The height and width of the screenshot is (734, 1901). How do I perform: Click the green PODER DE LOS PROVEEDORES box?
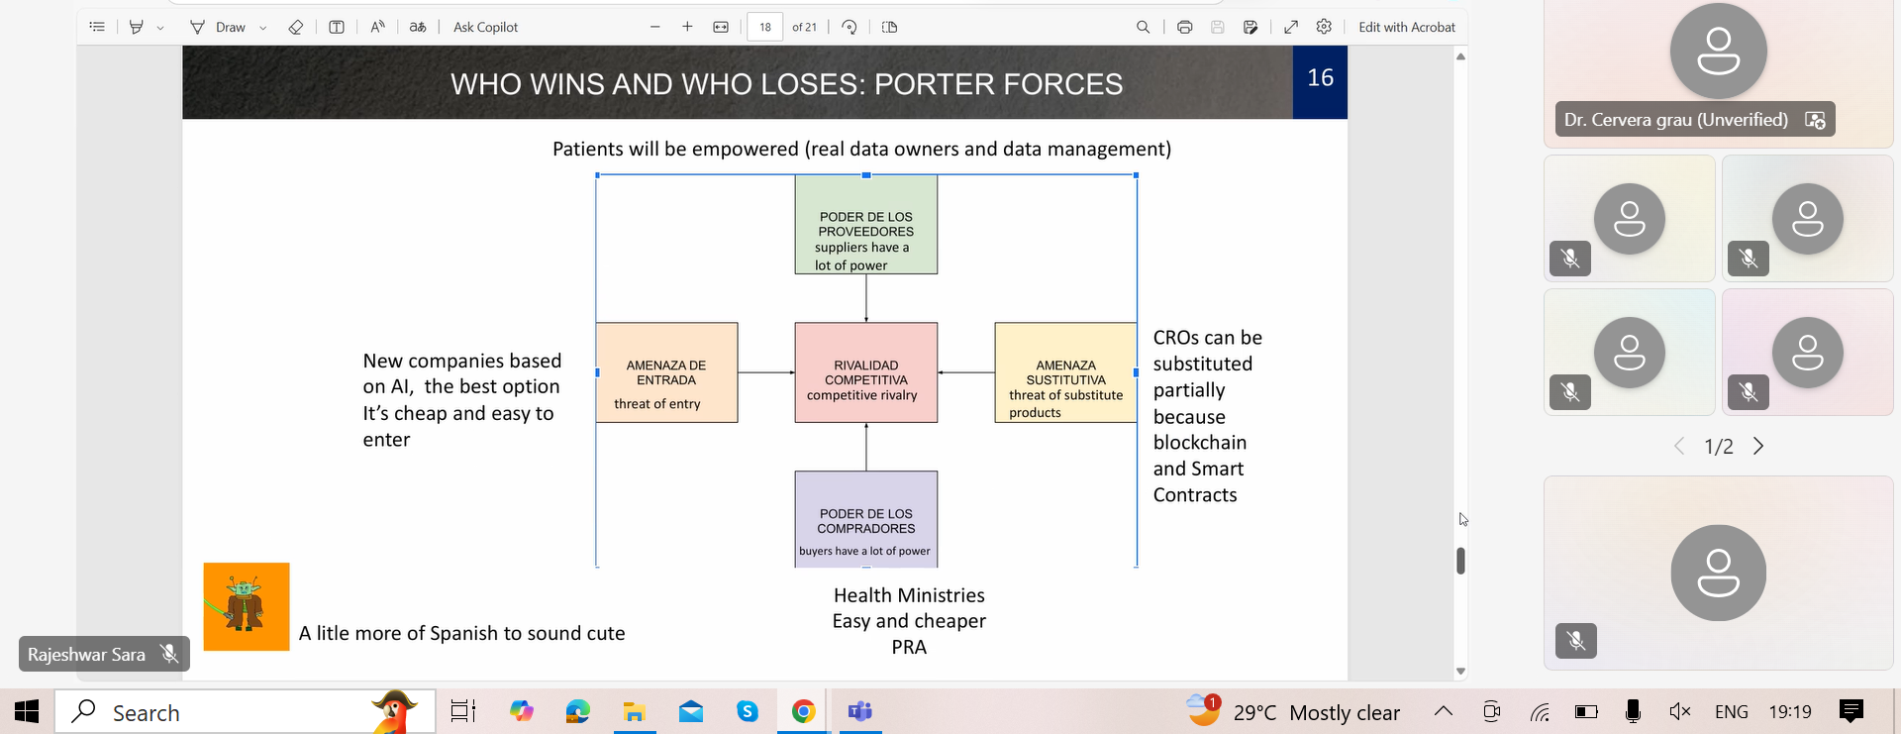point(866,225)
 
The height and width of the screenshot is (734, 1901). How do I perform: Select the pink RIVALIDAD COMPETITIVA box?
point(866,372)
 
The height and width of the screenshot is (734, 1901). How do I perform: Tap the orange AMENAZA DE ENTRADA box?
point(666,372)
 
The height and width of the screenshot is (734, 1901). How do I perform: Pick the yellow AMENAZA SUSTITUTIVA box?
point(1065,372)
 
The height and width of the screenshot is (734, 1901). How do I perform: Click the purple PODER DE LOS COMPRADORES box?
point(866,519)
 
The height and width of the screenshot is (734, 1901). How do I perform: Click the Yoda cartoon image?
point(247,606)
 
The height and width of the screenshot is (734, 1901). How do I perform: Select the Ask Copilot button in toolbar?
point(485,27)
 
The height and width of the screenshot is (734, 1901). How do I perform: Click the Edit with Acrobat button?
point(1407,27)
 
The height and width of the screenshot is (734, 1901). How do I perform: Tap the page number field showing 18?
point(765,27)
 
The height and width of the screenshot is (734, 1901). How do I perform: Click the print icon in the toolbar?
point(1184,27)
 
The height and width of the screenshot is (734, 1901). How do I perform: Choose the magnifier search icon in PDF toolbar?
point(1143,27)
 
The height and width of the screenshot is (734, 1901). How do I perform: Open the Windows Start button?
point(27,711)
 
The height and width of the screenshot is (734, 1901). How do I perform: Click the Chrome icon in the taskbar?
point(803,711)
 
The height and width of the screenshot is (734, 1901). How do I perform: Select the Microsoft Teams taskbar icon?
point(859,711)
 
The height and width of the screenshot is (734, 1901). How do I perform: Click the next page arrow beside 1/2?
point(1758,446)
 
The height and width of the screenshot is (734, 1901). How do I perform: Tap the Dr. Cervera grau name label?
point(1675,120)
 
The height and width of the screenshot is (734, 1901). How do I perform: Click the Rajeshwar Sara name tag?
point(86,654)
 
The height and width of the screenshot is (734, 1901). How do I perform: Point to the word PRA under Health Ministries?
point(909,647)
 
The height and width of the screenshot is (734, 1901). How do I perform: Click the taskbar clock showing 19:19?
point(1790,711)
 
